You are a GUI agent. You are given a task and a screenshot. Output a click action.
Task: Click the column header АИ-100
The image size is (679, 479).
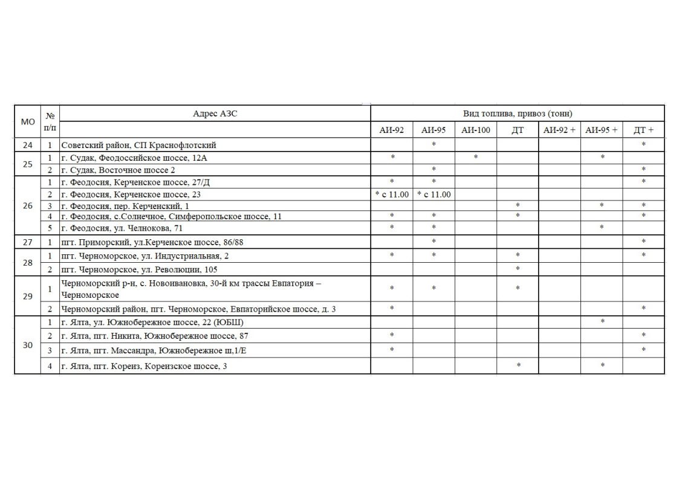tap(475, 130)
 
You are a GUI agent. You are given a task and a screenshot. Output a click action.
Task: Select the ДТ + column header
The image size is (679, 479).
tap(643, 130)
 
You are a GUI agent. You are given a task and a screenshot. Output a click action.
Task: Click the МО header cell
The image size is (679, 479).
tap(28, 121)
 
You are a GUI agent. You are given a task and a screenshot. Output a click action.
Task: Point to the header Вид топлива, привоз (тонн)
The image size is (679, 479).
tap(518, 114)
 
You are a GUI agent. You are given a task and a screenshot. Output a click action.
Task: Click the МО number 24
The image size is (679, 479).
tap(28, 145)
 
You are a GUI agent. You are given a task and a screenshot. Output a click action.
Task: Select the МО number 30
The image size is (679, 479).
tap(28, 345)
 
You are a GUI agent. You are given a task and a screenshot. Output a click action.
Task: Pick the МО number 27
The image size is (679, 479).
tap(28, 242)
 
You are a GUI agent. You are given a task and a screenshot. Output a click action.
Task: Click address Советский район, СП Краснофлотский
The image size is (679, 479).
tap(138, 145)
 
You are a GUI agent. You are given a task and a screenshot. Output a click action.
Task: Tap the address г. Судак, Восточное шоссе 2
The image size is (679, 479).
tap(119, 170)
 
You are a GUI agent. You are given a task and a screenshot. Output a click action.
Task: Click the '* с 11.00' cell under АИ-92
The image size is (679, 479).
tap(392, 194)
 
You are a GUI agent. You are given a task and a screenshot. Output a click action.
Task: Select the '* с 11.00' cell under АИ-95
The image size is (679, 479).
tap(434, 194)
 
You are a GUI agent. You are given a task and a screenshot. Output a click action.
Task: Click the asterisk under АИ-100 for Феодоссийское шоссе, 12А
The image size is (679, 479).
tap(476, 158)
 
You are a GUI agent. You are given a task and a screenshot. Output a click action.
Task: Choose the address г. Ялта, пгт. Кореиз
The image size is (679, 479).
tap(145, 365)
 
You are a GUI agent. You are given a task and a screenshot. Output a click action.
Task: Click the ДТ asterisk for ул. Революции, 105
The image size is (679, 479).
tap(518, 269)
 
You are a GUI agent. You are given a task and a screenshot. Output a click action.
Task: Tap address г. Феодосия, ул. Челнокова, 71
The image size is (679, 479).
tap(122, 228)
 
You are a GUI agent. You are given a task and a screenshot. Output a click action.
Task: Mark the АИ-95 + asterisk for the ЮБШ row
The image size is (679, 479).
tap(602, 322)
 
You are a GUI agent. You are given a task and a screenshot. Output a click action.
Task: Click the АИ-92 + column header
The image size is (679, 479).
tap(559, 130)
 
